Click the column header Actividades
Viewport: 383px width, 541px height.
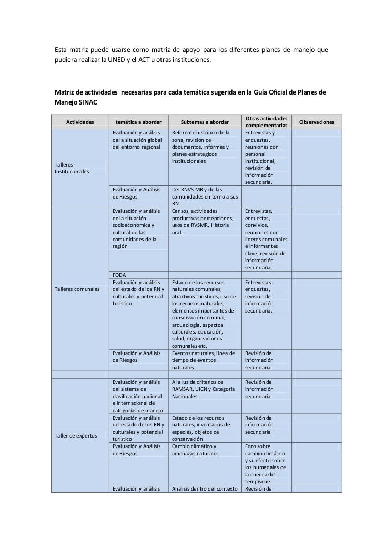click(80, 122)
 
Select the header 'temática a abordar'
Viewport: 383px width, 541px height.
click(139, 122)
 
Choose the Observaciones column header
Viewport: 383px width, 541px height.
click(317, 122)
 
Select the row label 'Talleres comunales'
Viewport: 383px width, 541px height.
click(77, 292)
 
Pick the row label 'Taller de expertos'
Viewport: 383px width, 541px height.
click(76, 435)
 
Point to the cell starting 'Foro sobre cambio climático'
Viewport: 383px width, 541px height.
click(266, 464)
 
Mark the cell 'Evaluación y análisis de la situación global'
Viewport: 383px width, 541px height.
click(138, 140)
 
